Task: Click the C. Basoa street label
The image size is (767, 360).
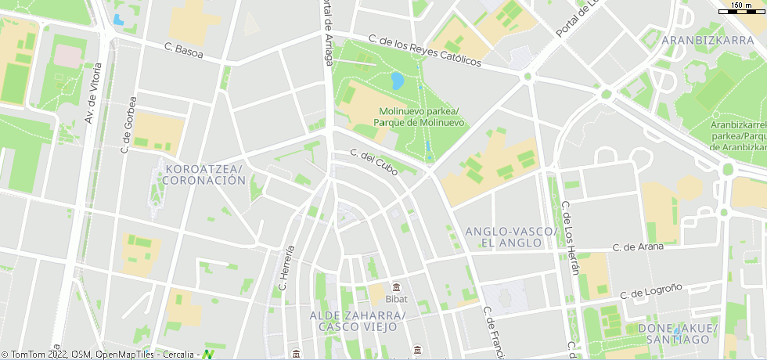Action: pyautogui.click(x=184, y=50)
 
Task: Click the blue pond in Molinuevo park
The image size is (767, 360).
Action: pyautogui.click(x=397, y=80)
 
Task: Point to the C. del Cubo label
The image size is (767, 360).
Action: pyautogui.click(x=373, y=162)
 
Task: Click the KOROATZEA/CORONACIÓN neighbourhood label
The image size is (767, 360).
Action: pyautogui.click(x=203, y=175)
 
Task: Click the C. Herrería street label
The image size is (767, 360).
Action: pyautogui.click(x=286, y=267)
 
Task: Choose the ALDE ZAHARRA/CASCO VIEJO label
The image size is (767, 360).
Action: pyautogui.click(x=358, y=321)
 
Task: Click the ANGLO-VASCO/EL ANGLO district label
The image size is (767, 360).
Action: pyautogui.click(x=510, y=237)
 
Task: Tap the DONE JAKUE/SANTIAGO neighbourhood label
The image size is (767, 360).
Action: pyautogui.click(x=678, y=333)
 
